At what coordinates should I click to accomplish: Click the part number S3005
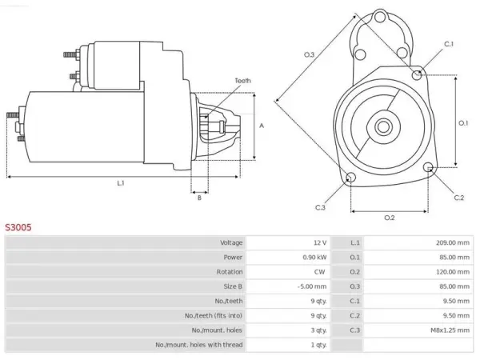[x=18, y=227]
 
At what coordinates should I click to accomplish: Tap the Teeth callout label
[x=242, y=81]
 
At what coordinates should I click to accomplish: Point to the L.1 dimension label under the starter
[x=121, y=183]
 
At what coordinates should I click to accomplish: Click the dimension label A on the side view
[x=262, y=126]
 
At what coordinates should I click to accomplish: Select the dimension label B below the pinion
[x=199, y=198]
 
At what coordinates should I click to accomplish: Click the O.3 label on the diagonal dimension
[x=309, y=54]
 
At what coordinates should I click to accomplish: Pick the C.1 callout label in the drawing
[x=449, y=44]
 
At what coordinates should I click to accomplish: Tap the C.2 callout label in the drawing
[x=459, y=198]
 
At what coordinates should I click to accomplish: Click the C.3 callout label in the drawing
[x=320, y=207]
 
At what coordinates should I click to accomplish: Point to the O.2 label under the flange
[x=390, y=218]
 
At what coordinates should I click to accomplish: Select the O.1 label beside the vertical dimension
[x=463, y=123]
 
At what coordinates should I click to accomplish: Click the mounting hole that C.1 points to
[x=417, y=74]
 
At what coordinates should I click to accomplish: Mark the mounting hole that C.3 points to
[x=351, y=178]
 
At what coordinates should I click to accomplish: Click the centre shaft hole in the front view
[x=383, y=126]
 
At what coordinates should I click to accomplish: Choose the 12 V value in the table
[x=320, y=242]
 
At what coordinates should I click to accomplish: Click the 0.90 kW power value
[x=314, y=257]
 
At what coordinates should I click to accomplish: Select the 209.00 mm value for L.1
[x=453, y=242]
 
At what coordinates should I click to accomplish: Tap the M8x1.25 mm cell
[x=450, y=330]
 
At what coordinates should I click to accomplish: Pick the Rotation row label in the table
[x=230, y=272]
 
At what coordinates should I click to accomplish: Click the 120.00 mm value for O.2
[x=453, y=272]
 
